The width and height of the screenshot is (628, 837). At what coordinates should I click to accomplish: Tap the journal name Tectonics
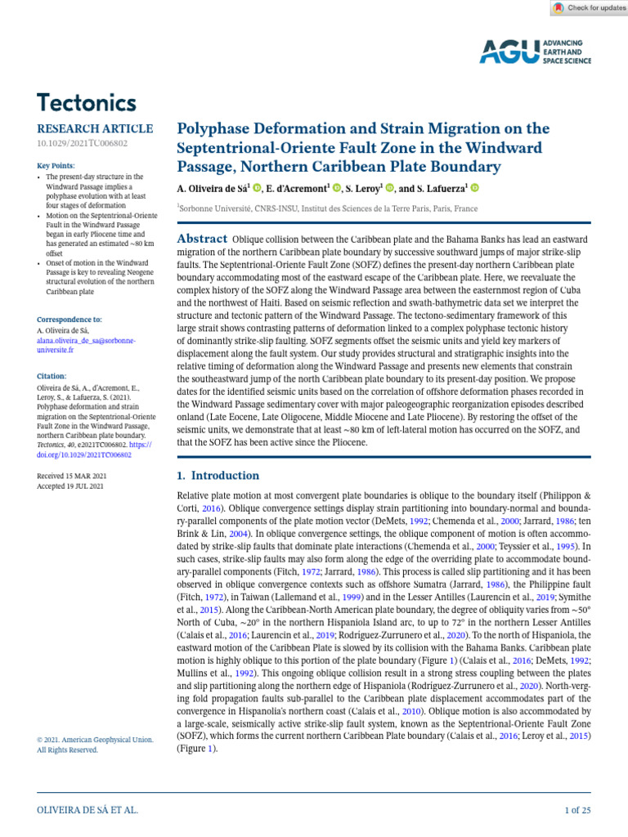click(87, 103)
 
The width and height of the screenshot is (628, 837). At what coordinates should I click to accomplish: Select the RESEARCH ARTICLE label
click(95, 129)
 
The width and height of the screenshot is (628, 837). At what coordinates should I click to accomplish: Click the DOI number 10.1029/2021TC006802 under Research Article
click(82, 144)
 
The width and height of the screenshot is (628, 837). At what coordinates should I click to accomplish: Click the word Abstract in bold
click(202, 238)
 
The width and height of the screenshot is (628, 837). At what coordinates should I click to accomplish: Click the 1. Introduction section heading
click(218, 476)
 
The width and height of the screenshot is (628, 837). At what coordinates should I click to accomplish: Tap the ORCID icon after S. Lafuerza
click(473, 188)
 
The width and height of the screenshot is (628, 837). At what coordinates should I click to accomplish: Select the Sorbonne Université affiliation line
click(327, 209)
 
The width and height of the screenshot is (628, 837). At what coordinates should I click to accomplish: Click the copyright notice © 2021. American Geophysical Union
click(95, 740)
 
